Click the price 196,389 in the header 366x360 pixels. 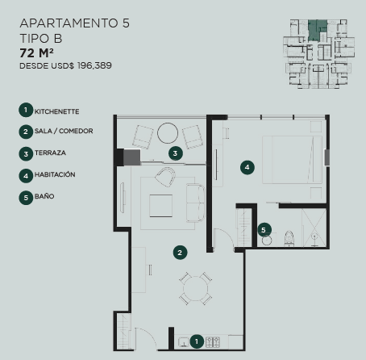[x=94, y=65]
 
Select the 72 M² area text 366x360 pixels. [x=36, y=52]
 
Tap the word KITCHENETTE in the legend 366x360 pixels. [x=56, y=111]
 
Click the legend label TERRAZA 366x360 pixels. [x=50, y=153]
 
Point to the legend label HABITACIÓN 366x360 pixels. [x=55, y=174]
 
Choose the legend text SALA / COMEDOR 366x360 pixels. [x=64, y=131]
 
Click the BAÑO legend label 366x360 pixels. [x=44, y=196]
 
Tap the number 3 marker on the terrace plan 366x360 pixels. [x=176, y=153]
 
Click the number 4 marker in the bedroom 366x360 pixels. [x=247, y=167]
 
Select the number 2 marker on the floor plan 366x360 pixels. [x=180, y=253]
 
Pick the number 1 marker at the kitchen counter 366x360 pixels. [x=197, y=341]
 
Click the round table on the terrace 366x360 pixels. [x=168, y=133]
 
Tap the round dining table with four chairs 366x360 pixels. [x=196, y=289]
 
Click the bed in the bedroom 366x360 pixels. [x=292, y=160]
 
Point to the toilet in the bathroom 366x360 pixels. [x=289, y=238]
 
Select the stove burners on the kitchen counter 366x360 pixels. [x=213, y=342]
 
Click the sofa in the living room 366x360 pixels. [x=195, y=203]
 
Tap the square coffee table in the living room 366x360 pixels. [x=161, y=206]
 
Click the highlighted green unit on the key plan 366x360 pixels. [x=318, y=30]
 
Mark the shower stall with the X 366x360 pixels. [x=314, y=228]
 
